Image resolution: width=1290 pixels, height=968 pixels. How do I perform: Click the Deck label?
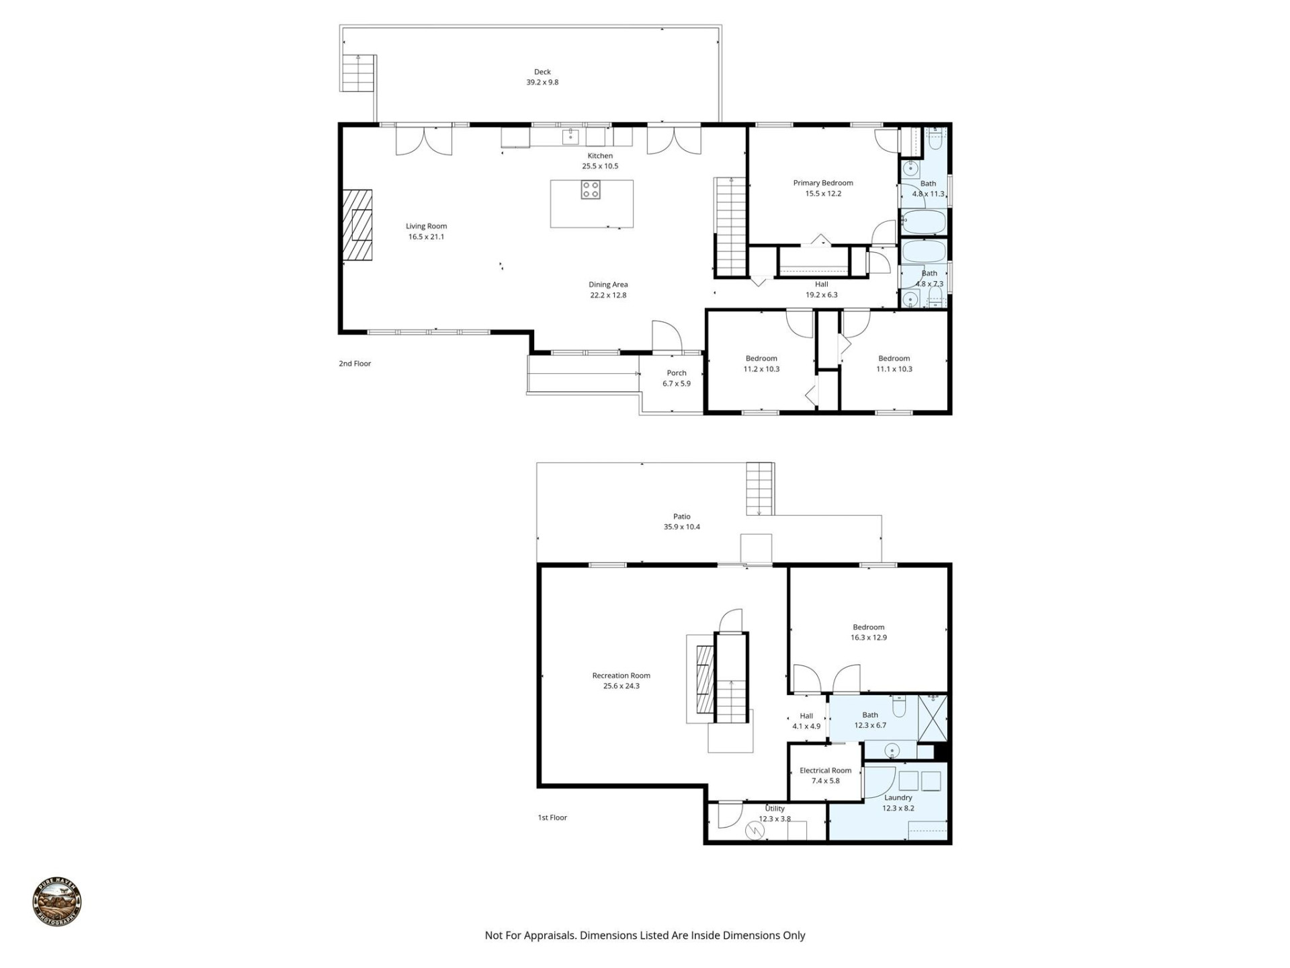tap(542, 72)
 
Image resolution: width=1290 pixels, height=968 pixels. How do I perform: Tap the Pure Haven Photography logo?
tap(57, 902)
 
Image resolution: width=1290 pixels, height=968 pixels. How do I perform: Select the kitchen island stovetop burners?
tap(591, 190)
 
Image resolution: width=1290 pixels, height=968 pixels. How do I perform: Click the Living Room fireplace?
tap(357, 225)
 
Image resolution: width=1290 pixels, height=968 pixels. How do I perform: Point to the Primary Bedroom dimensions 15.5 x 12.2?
tap(823, 194)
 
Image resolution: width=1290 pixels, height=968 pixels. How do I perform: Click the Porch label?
tap(677, 373)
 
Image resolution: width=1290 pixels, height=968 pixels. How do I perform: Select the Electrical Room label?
tap(825, 770)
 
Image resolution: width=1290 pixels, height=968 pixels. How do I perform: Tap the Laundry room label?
tap(898, 798)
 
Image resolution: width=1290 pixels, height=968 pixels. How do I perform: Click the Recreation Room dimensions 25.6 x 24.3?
tap(621, 686)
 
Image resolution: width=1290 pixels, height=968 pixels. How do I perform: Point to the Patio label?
tap(681, 517)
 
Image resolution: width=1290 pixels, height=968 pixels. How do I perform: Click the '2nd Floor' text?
tap(355, 364)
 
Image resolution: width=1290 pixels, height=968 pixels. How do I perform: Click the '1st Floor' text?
tap(552, 818)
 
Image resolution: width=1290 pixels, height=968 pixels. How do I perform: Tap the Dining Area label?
tap(608, 285)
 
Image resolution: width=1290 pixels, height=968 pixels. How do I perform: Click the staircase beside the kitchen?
tap(730, 227)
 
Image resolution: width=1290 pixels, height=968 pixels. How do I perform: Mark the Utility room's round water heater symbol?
tap(755, 831)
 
